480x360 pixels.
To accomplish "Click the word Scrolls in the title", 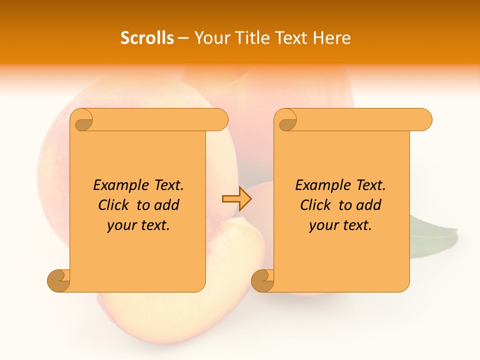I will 147,38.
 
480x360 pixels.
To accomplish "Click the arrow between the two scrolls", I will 236,199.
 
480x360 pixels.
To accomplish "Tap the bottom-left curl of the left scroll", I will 59,280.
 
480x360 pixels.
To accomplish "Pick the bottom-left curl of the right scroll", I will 262,280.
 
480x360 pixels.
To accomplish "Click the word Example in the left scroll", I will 116,185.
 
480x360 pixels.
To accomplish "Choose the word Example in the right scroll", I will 318,185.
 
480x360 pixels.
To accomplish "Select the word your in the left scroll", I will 120,225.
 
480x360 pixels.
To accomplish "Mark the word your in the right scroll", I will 322,225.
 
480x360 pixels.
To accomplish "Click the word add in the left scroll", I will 166,205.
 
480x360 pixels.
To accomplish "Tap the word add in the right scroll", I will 368,205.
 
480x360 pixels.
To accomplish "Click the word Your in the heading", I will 209,38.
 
